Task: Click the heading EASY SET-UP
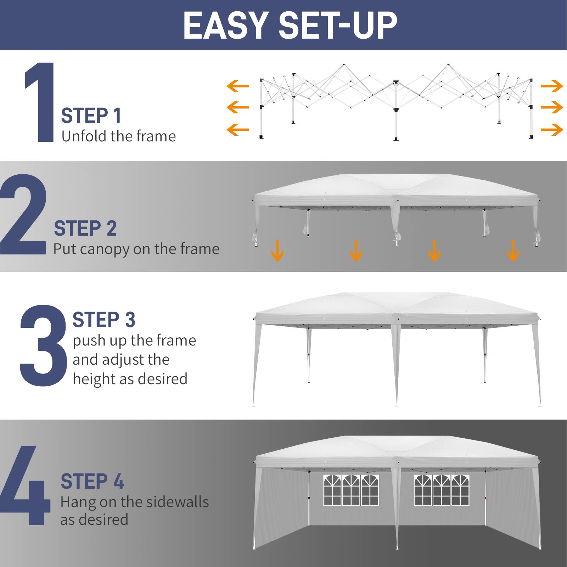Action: [290, 26]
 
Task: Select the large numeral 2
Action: [23, 214]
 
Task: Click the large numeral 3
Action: [43, 346]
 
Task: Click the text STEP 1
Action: [91, 116]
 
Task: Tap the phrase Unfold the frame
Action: [118, 136]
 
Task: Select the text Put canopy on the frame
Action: [136, 249]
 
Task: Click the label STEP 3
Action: [104, 320]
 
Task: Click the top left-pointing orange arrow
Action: [238, 86]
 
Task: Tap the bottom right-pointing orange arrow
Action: [552, 129]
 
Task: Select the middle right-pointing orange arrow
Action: [552, 107]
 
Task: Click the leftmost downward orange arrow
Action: [277, 250]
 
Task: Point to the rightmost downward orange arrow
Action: [513, 250]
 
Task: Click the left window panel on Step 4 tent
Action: [351, 490]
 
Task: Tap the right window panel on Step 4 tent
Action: [441, 490]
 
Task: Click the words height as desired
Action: [130, 379]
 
